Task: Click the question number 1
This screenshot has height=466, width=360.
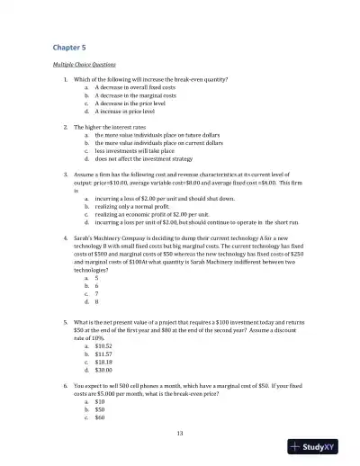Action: click(65, 80)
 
